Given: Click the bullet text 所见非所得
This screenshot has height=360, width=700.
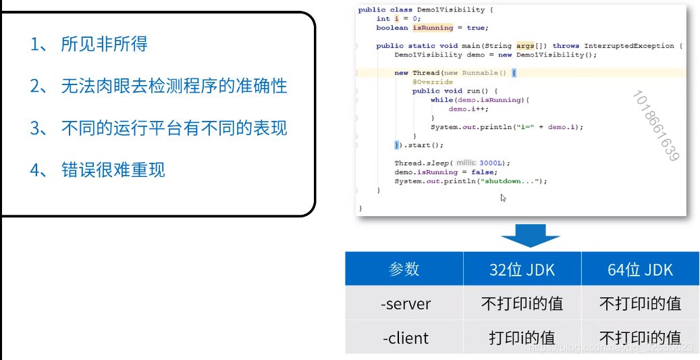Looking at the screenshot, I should (104, 45).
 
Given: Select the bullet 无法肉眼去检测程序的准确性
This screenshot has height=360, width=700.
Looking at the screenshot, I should (173, 86).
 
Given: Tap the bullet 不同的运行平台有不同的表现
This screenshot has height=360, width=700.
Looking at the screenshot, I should (173, 128).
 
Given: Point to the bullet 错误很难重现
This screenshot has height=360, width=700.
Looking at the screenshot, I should (113, 170).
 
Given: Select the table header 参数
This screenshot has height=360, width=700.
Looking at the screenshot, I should (404, 269).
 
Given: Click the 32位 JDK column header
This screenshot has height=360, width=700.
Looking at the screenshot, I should (522, 269).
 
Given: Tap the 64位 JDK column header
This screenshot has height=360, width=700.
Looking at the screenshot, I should (640, 269).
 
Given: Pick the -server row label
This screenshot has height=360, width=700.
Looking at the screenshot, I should (404, 303).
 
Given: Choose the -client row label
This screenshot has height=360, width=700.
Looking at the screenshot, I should (404, 337).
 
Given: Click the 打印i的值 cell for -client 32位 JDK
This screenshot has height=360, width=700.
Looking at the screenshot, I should (522, 337).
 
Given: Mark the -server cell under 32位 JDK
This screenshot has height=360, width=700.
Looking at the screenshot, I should (522, 303).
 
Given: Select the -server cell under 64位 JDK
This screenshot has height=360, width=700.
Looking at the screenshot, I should (640, 303).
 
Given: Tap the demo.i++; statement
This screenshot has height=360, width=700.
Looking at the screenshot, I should (468, 109).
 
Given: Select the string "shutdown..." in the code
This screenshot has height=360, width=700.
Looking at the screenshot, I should (516, 181).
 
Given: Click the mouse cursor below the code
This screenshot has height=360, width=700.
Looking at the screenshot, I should (504, 198).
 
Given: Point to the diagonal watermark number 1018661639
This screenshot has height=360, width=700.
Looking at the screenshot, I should (654, 125).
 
